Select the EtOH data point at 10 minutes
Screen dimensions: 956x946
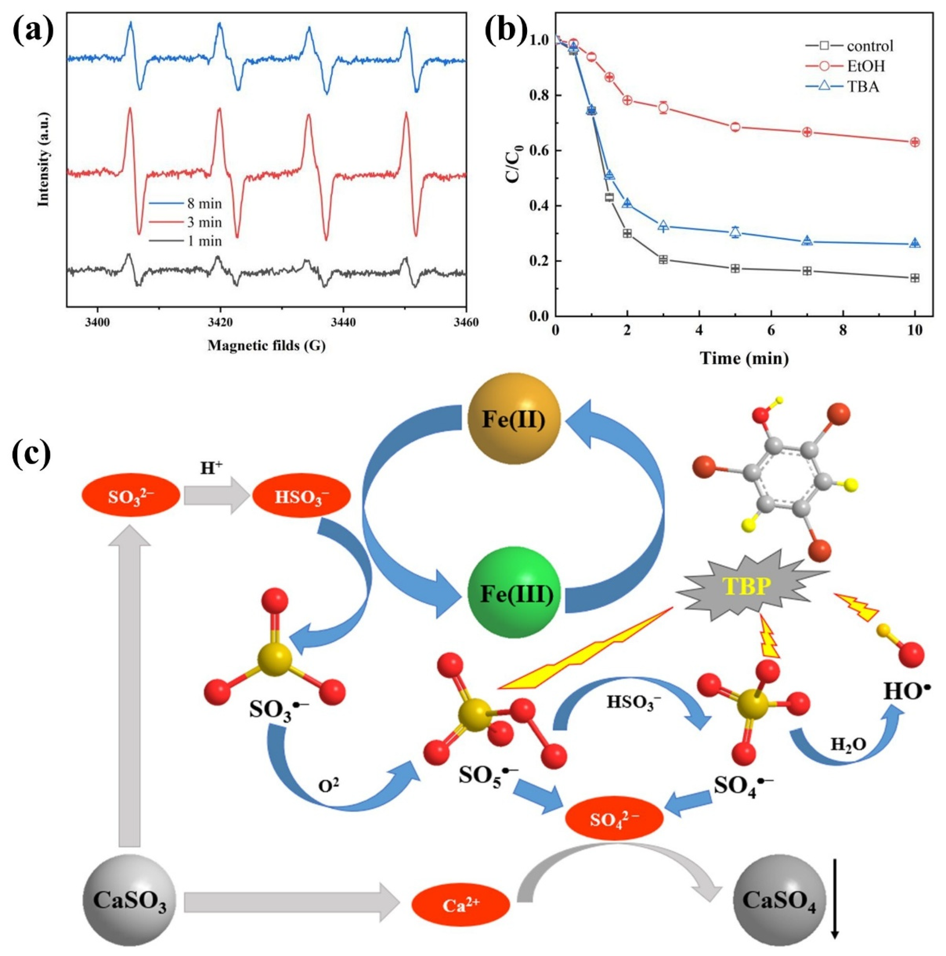(x=915, y=142)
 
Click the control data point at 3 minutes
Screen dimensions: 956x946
(x=663, y=260)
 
